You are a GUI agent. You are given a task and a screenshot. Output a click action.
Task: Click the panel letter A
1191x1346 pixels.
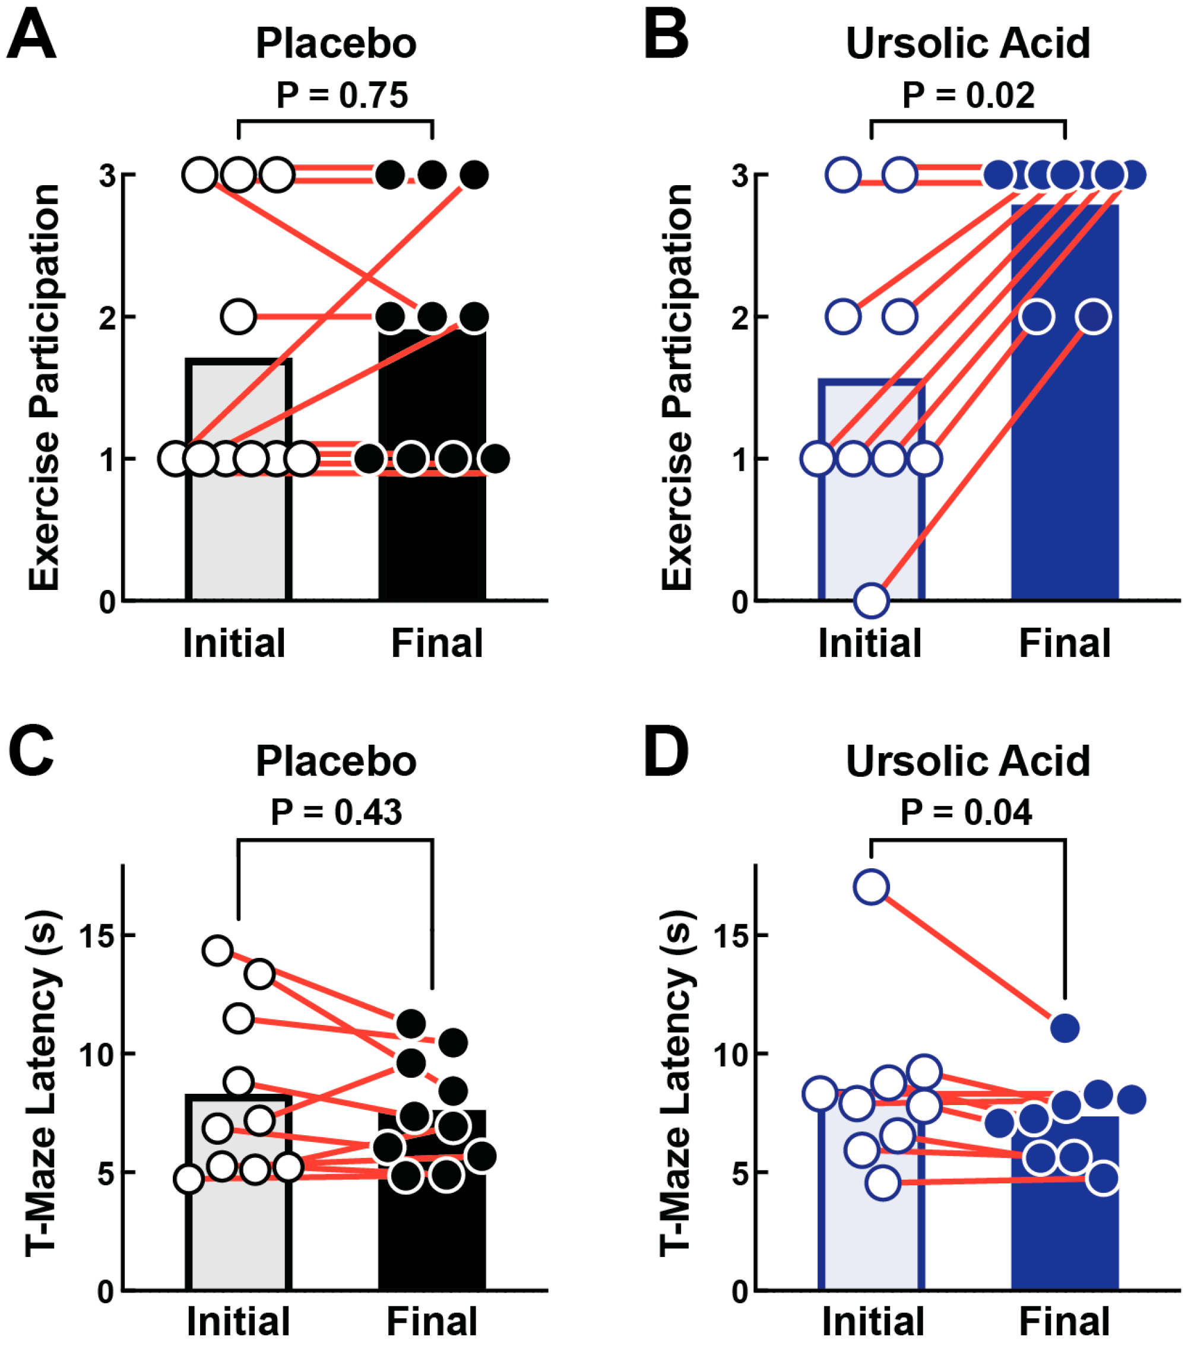point(31,37)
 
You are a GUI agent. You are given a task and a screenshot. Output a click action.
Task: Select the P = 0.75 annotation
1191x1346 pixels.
point(342,96)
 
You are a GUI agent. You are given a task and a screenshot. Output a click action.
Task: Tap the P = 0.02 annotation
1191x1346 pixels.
point(968,96)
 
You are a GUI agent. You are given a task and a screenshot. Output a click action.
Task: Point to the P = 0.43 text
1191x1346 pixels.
point(336,812)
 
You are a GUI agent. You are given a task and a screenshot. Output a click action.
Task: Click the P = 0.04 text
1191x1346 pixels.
point(966,812)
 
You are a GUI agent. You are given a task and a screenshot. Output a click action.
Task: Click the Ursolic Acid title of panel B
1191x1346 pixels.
point(968,44)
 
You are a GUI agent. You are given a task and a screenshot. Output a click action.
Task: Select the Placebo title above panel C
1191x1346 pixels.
point(336,762)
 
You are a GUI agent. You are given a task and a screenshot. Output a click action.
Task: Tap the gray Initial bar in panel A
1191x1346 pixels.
point(239,527)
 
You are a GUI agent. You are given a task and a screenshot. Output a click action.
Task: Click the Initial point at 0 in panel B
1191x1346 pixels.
point(872,600)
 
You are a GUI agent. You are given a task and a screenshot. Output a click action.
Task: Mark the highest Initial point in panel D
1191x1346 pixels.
point(872,887)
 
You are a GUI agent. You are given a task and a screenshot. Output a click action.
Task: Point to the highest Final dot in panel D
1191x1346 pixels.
point(1065,1027)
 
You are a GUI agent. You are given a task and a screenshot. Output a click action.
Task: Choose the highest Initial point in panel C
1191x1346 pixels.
point(218,950)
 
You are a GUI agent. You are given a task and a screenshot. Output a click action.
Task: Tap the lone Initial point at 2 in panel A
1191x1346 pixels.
point(239,317)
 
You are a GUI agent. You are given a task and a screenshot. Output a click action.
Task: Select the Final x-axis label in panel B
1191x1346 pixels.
point(1065,643)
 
